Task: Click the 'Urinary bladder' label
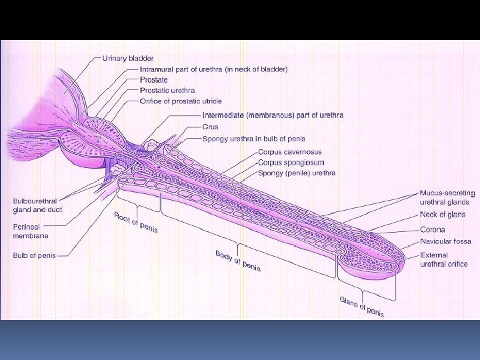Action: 127,58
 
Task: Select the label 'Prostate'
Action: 153,80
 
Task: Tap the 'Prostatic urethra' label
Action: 167,91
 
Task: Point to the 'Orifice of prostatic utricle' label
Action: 181,101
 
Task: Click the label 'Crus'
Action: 210,127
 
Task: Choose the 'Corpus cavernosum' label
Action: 289,152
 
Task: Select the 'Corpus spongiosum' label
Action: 291,162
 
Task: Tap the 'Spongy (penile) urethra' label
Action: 296,173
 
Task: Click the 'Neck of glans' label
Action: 442,215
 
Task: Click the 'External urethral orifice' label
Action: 443,259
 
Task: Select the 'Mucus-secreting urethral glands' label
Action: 447,197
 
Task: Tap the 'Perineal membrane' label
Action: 31,231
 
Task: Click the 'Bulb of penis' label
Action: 34,255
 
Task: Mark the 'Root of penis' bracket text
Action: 136,223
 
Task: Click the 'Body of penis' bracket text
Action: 237,261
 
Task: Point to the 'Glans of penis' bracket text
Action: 361,307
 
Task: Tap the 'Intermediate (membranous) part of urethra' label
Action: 273,115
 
